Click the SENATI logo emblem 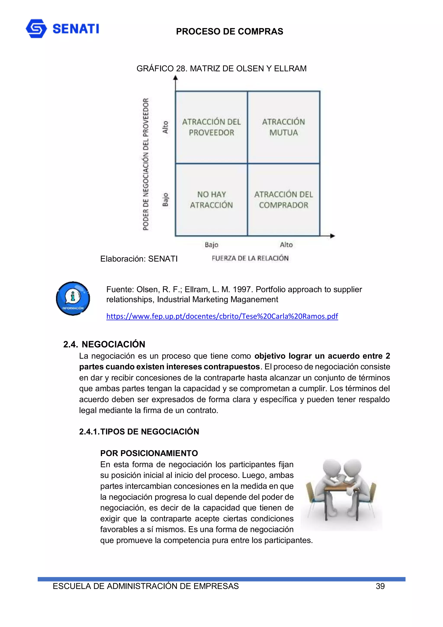(x=36, y=28)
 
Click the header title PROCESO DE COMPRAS (x=229, y=32)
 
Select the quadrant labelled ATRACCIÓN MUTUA (x=283, y=127)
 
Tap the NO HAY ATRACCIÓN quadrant (x=211, y=200)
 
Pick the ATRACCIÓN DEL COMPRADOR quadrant (x=283, y=200)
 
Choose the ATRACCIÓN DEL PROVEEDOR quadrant (x=211, y=127)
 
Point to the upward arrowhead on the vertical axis (x=175, y=78)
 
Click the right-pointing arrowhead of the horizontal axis (x=332, y=236)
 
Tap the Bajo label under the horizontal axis (x=212, y=245)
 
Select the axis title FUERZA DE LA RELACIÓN (x=250, y=258)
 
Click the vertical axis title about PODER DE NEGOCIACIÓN (x=146, y=164)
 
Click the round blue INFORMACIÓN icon (x=73, y=298)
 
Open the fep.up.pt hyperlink (x=222, y=316)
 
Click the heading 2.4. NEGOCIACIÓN (x=104, y=344)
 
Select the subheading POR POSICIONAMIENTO (x=149, y=453)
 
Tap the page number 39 (x=380, y=586)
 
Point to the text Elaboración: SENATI (x=139, y=259)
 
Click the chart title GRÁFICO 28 (x=221, y=69)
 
